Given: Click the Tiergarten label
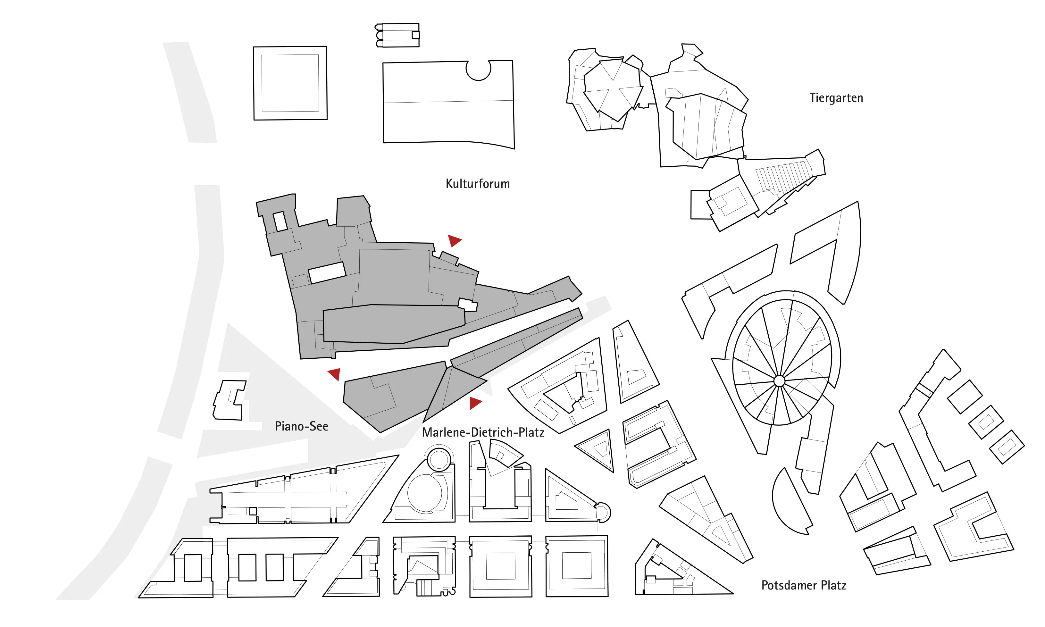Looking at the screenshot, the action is coord(836,98).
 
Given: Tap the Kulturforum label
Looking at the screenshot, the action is coord(478,184).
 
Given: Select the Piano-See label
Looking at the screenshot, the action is coord(301,426).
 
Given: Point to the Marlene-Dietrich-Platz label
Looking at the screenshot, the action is coord(483,432).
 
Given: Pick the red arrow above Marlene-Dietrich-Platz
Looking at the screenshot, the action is coord(475,403).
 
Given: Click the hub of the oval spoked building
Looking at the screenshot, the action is coord(779,381).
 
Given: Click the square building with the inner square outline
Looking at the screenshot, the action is coord(290,83).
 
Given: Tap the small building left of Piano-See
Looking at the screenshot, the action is coord(229,400).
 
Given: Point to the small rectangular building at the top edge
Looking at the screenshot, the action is coord(397,35).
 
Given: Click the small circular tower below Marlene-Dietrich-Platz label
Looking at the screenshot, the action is coord(439,460).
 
